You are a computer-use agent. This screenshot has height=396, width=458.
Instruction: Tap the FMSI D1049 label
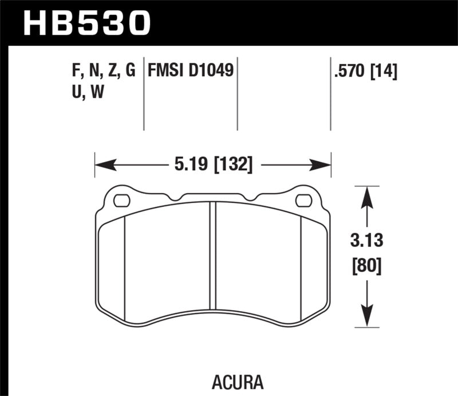point(190,71)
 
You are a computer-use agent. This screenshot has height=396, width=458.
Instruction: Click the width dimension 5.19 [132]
point(212,166)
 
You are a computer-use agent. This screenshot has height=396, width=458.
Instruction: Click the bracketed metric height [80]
point(367,266)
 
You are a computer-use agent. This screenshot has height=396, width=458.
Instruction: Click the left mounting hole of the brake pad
point(122,201)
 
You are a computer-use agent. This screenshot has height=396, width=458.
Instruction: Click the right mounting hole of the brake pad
point(303,201)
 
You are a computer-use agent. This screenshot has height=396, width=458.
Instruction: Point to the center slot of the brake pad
point(212,255)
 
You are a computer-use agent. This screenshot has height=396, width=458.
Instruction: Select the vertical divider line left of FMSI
point(143,95)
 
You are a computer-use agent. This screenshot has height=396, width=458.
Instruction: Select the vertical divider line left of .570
point(330,95)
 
